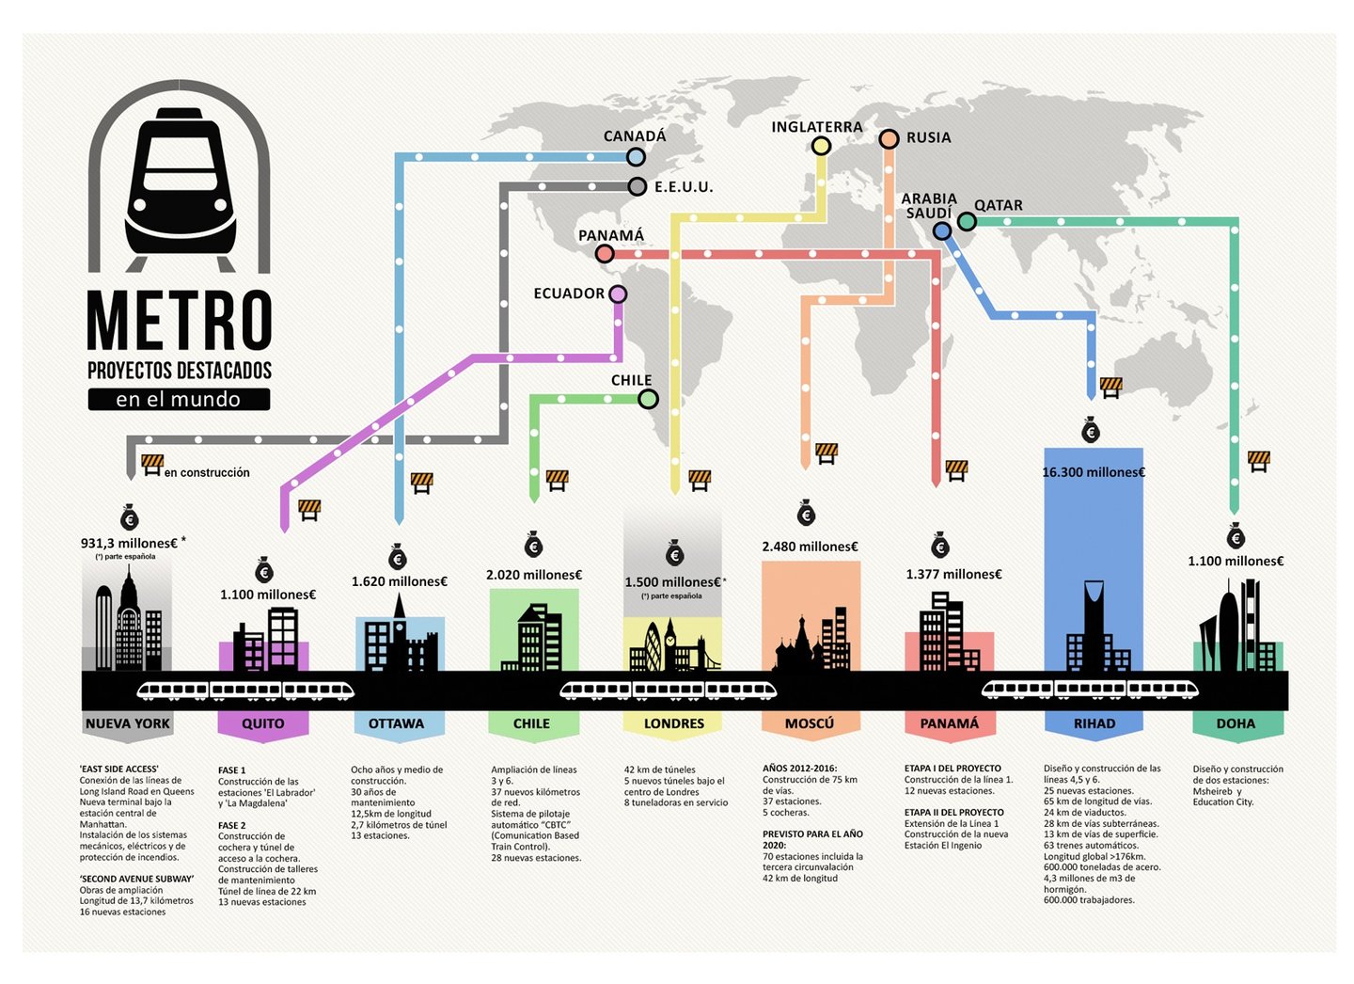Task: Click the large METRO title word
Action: [180, 320]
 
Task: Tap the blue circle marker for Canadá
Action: [636, 157]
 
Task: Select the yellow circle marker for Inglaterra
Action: [821, 145]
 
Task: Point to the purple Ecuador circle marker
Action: [618, 294]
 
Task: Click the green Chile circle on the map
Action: [648, 399]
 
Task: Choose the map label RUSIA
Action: [928, 137]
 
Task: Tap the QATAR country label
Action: [998, 205]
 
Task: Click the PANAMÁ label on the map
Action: [611, 235]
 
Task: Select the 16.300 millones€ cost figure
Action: [1093, 472]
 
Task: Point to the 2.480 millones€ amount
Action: [810, 547]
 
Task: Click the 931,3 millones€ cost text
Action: [129, 543]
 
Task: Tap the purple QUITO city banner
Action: [263, 723]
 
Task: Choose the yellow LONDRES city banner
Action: [673, 723]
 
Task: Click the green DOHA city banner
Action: [1236, 723]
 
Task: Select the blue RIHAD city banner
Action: [1094, 723]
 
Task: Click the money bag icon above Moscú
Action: [806, 514]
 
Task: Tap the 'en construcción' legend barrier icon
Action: [152, 464]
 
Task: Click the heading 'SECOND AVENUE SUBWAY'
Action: [136, 879]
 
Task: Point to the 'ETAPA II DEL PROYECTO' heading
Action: [953, 812]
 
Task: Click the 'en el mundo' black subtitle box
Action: [179, 400]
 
